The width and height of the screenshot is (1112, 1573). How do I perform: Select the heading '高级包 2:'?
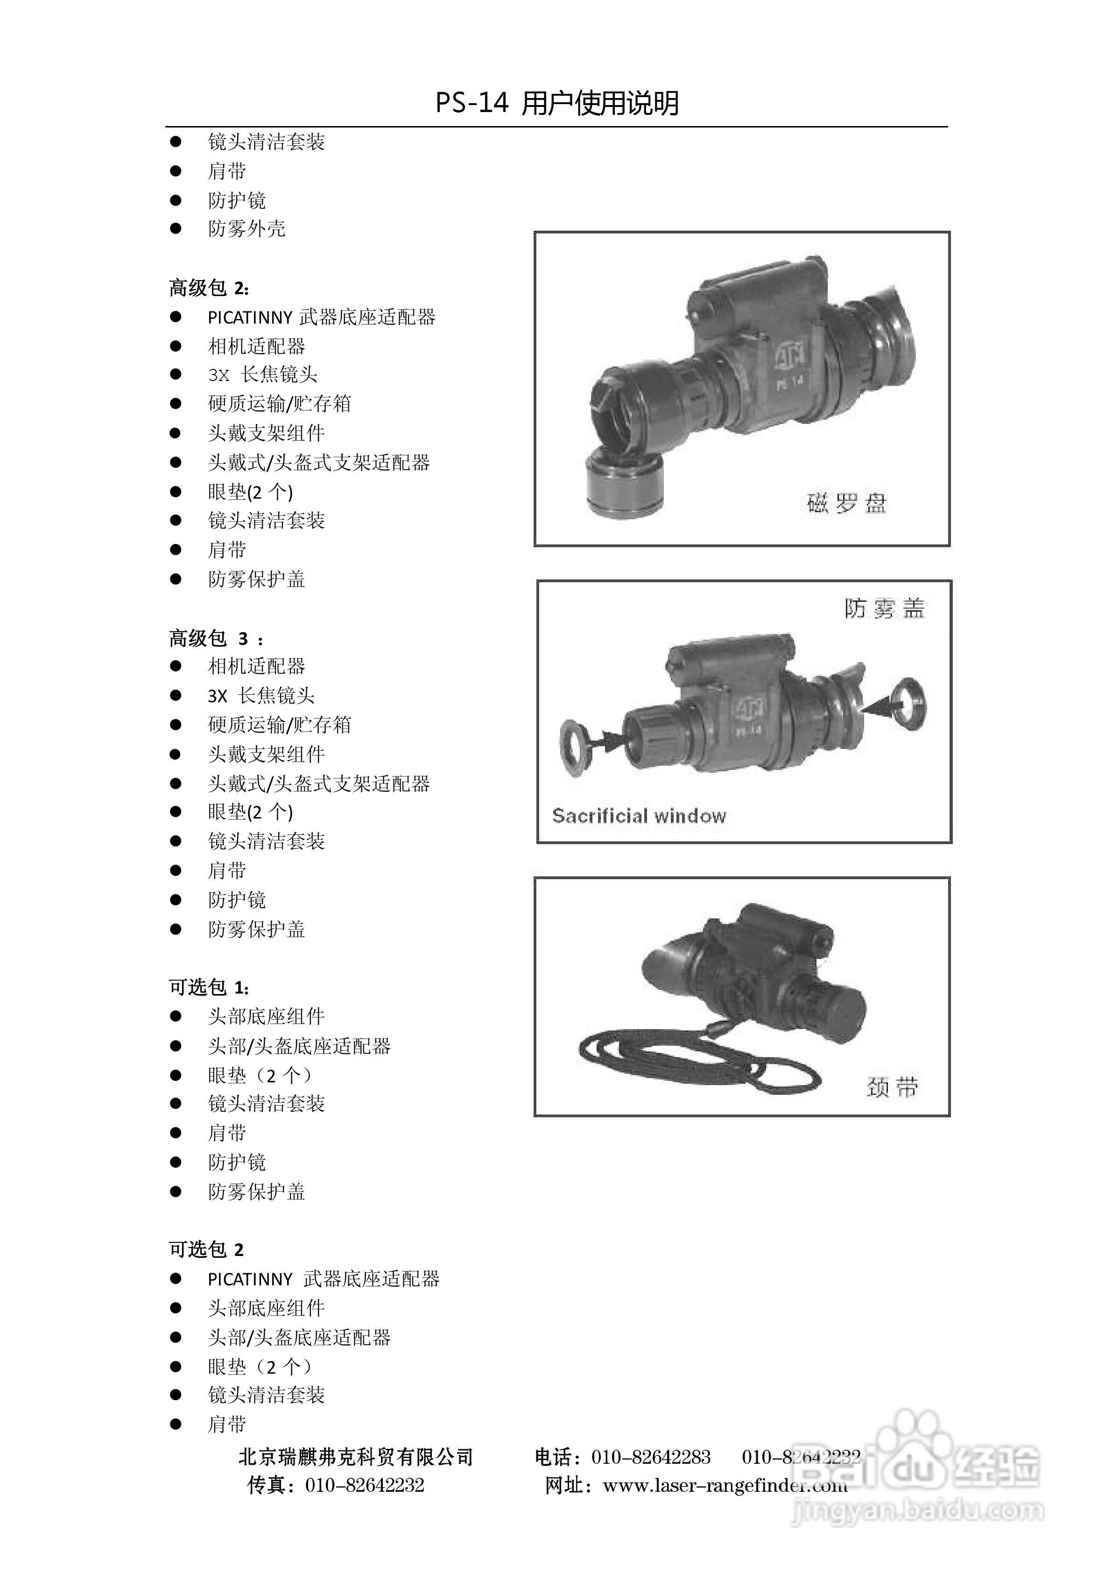(x=209, y=288)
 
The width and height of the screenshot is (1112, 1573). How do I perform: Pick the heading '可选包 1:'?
(x=209, y=987)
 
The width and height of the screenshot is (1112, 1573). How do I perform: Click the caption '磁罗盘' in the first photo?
(x=846, y=503)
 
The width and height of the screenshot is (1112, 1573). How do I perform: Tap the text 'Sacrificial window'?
(x=639, y=816)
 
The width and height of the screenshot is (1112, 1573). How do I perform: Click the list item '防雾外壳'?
(x=246, y=229)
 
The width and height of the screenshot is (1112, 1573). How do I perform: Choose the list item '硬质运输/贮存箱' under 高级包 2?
(x=280, y=403)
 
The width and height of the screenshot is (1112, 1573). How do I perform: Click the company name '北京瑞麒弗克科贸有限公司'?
(x=356, y=1457)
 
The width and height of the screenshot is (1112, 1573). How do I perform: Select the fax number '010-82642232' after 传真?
(x=365, y=1485)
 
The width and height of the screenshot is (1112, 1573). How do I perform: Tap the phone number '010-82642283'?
(x=650, y=1457)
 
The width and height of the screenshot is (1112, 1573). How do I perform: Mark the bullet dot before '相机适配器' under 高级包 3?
(x=176, y=666)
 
